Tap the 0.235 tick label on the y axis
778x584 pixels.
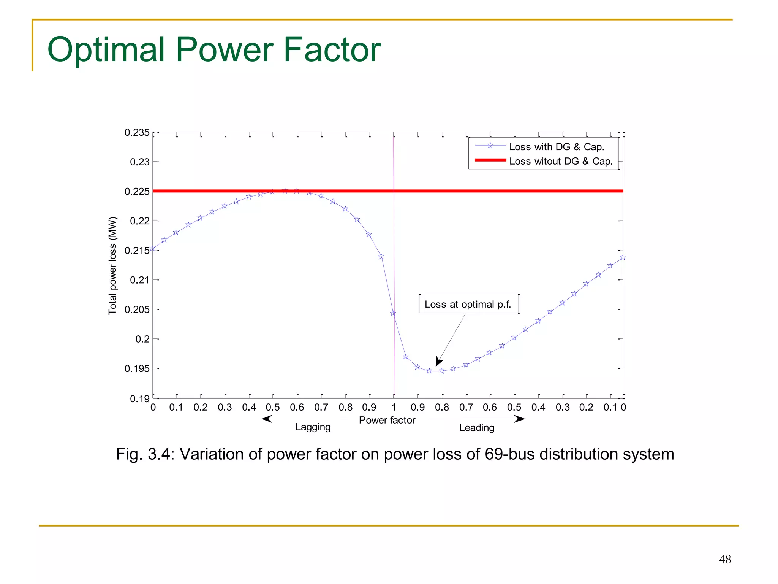[x=137, y=133]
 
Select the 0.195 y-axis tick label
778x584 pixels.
[x=137, y=368]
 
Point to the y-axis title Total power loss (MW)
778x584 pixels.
[x=113, y=266]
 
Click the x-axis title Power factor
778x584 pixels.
[x=387, y=420]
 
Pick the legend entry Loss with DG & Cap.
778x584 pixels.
[x=557, y=147]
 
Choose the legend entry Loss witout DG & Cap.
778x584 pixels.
[x=561, y=161]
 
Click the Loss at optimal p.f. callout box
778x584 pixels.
[x=468, y=304]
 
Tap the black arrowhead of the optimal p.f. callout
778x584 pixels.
[x=439, y=362]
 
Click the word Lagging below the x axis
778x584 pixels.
[x=313, y=427]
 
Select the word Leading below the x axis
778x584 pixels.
[x=476, y=428]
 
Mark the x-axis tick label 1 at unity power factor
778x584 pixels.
[x=394, y=408]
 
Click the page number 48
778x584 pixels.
[x=725, y=559]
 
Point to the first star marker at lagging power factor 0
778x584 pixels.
[x=153, y=249]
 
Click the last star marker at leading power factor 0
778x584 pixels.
[x=622, y=257]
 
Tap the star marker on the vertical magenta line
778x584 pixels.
[x=393, y=314]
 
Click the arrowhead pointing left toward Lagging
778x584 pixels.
[x=267, y=419]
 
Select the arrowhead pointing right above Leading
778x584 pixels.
[x=520, y=419]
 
